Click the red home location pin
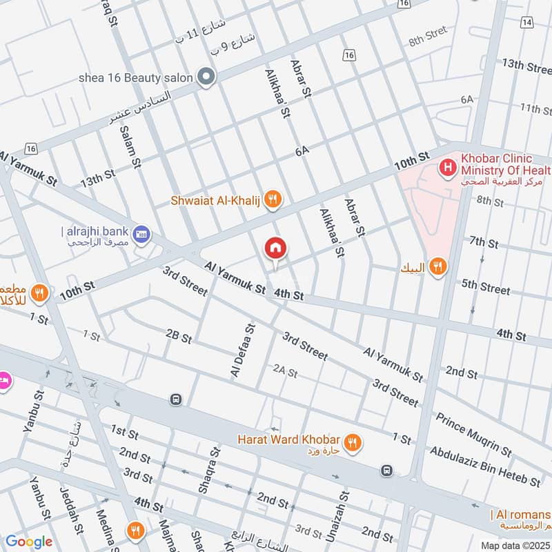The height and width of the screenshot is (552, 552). (x=275, y=248)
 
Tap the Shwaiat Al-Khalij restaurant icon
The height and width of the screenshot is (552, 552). (x=274, y=199)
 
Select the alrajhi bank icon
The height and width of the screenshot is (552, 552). (x=142, y=233)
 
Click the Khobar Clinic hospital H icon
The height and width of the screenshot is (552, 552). (x=448, y=166)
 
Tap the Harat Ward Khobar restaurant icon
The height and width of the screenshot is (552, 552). (x=353, y=442)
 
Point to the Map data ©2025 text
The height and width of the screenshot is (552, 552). (x=514, y=545)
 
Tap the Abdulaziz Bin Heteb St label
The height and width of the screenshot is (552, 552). (x=485, y=466)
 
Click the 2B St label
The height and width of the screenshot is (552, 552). (x=178, y=335)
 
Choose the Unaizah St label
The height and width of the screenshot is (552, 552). (x=343, y=511)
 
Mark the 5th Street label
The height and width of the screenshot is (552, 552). (x=486, y=286)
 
